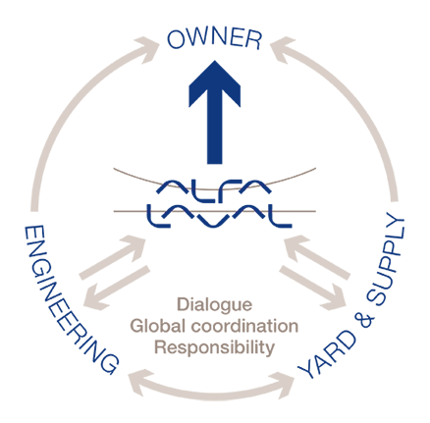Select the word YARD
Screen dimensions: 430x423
pyautogui.click(x=327, y=355)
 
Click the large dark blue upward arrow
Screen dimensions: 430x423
pyautogui.click(x=215, y=112)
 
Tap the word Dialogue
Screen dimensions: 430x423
pyautogui.click(x=215, y=305)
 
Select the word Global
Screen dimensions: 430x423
pyautogui.click(x=158, y=326)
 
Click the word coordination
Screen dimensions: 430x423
pyautogui.click(x=244, y=326)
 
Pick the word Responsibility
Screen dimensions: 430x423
pyautogui.click(x=214, y=347)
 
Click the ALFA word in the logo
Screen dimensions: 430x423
pyautogui.click(x=213, y=186)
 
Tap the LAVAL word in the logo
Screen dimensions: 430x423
pyautogui.click(x=219, y=216)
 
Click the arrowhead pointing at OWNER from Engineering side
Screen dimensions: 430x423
pyautogui.click(x=146, y=49)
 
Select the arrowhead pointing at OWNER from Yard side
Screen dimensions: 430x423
pyautogui.click(x=283, y=49)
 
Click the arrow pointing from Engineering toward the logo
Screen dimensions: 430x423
pyautogui.click(x=113, y=257)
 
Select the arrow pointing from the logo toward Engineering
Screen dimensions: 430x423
pyautogui.click(x=116, y=288)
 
